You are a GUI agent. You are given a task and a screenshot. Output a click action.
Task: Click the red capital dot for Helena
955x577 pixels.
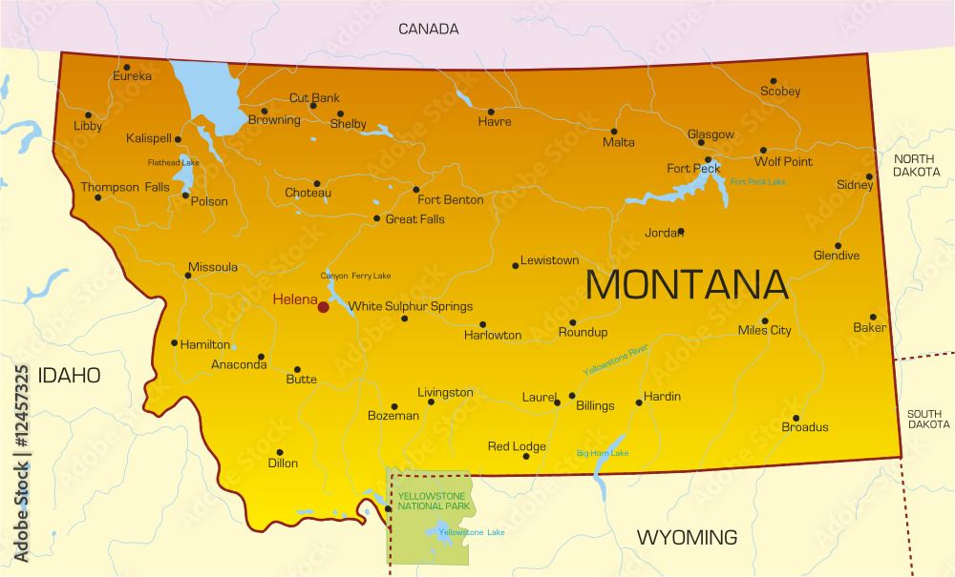coord(323,306)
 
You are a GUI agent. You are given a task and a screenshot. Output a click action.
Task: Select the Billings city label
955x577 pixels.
coord(595,406)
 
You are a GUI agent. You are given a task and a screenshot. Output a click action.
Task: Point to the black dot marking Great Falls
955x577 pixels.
coord(376,218)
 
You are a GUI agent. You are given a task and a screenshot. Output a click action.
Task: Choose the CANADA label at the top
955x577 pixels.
coord(428,30)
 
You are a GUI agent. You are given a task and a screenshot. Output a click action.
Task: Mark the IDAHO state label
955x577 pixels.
coord(69,376)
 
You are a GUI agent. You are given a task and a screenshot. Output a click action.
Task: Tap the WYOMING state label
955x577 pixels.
coord(687,538)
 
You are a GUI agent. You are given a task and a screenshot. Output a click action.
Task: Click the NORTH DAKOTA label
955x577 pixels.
coord(916,165)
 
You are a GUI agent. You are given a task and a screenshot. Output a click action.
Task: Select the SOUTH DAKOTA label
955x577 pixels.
coord(928,419)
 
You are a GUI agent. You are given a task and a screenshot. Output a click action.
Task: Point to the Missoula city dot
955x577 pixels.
coord(187,276)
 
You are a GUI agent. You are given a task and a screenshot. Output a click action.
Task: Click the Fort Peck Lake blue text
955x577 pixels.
coord(757,182)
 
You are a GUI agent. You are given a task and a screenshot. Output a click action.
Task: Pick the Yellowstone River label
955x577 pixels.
coord(616,359)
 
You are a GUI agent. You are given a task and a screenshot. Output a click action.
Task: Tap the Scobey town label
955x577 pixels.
coord(780,93)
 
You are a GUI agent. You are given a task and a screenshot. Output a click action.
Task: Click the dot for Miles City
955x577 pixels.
coord(765,321)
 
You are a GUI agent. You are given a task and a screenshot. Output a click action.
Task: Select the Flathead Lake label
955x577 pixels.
coord(173,163)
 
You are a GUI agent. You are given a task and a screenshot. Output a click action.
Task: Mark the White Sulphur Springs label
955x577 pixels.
coord(411,307)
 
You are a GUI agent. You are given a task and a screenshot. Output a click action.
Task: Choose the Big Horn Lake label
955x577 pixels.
coord(602,453)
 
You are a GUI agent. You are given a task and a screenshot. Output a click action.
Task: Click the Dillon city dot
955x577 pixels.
coord(280,452)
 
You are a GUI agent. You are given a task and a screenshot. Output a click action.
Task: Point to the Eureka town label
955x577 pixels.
coord(132,76)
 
